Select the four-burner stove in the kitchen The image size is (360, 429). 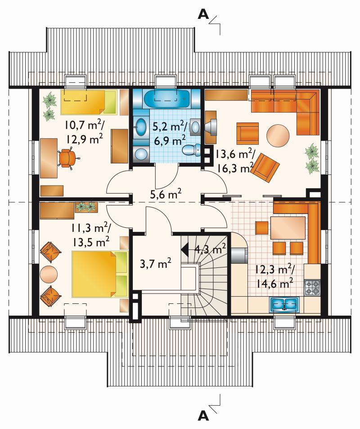click(x=312, y=287)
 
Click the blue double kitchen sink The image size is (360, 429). click(x=284, y=304)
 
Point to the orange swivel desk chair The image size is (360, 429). click(x=67, y=158)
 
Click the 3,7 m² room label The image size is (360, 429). click(x=156, y=264)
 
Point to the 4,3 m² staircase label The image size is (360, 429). click(x=210, y=249)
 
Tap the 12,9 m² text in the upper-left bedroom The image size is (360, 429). click(x=84, y=139)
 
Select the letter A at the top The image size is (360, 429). click(x=203, y=14)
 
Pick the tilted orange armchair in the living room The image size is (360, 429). click(x=265, y=167)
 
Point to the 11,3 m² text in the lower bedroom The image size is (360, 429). click(x=92, y=228)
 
